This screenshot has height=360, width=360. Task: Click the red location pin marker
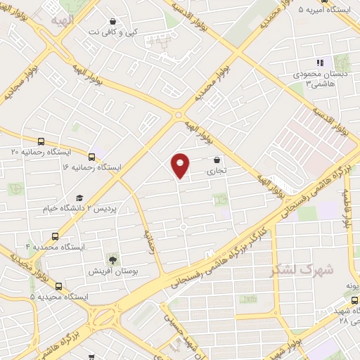[181, 165]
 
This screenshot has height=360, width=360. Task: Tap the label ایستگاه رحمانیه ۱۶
[91, 167]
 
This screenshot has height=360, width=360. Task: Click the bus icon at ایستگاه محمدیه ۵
[58, 286]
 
